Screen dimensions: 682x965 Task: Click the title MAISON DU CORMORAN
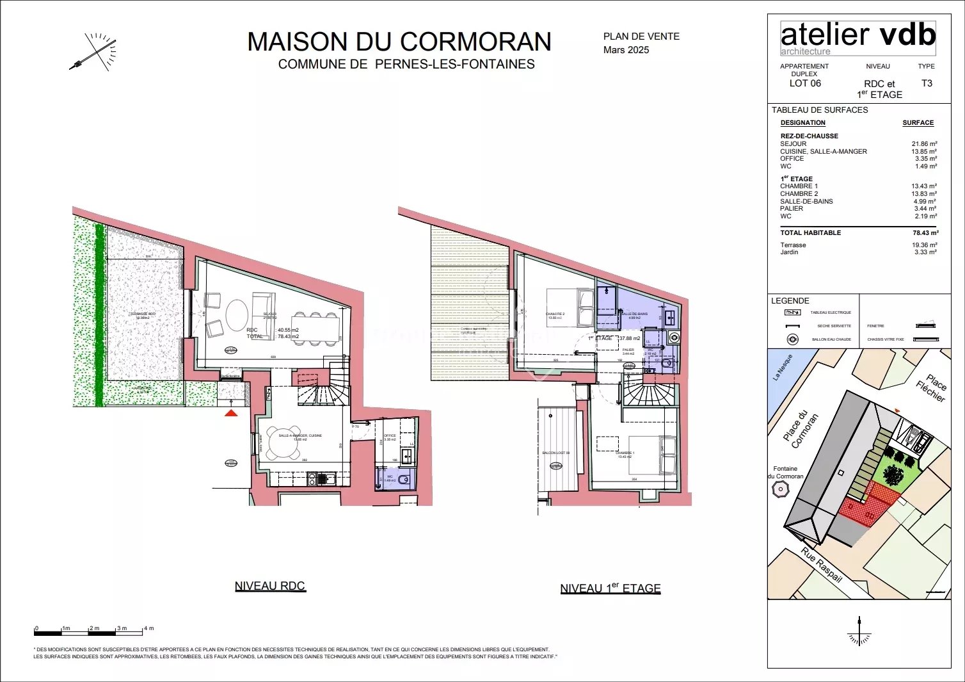coord(399,42)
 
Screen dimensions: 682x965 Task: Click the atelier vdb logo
coord(857,38)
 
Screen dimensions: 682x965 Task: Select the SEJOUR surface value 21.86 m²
coord(924,144)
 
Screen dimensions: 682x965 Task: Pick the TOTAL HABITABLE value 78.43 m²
coord(925,233)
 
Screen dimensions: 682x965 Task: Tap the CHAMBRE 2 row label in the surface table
coord(799,194)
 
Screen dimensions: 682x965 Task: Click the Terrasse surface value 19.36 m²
coord(924,245)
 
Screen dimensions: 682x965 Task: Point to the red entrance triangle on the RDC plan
coord(231,413)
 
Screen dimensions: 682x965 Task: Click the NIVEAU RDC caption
coord(270,586)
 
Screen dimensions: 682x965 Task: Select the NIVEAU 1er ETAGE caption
coord(610,589)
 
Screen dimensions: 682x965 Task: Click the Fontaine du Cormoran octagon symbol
coord(781,490)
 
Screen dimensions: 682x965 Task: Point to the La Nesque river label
coord(783,368)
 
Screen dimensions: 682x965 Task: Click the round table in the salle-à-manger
coord(283,444)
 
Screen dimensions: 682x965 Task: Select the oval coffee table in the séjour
coord(237,315)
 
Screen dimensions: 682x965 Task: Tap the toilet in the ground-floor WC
coord(403,480)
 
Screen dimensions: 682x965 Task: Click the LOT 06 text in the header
coord(805,84)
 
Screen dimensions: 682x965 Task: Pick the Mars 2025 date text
coord(626,50)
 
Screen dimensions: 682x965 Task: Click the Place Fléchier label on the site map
coord(932,387)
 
